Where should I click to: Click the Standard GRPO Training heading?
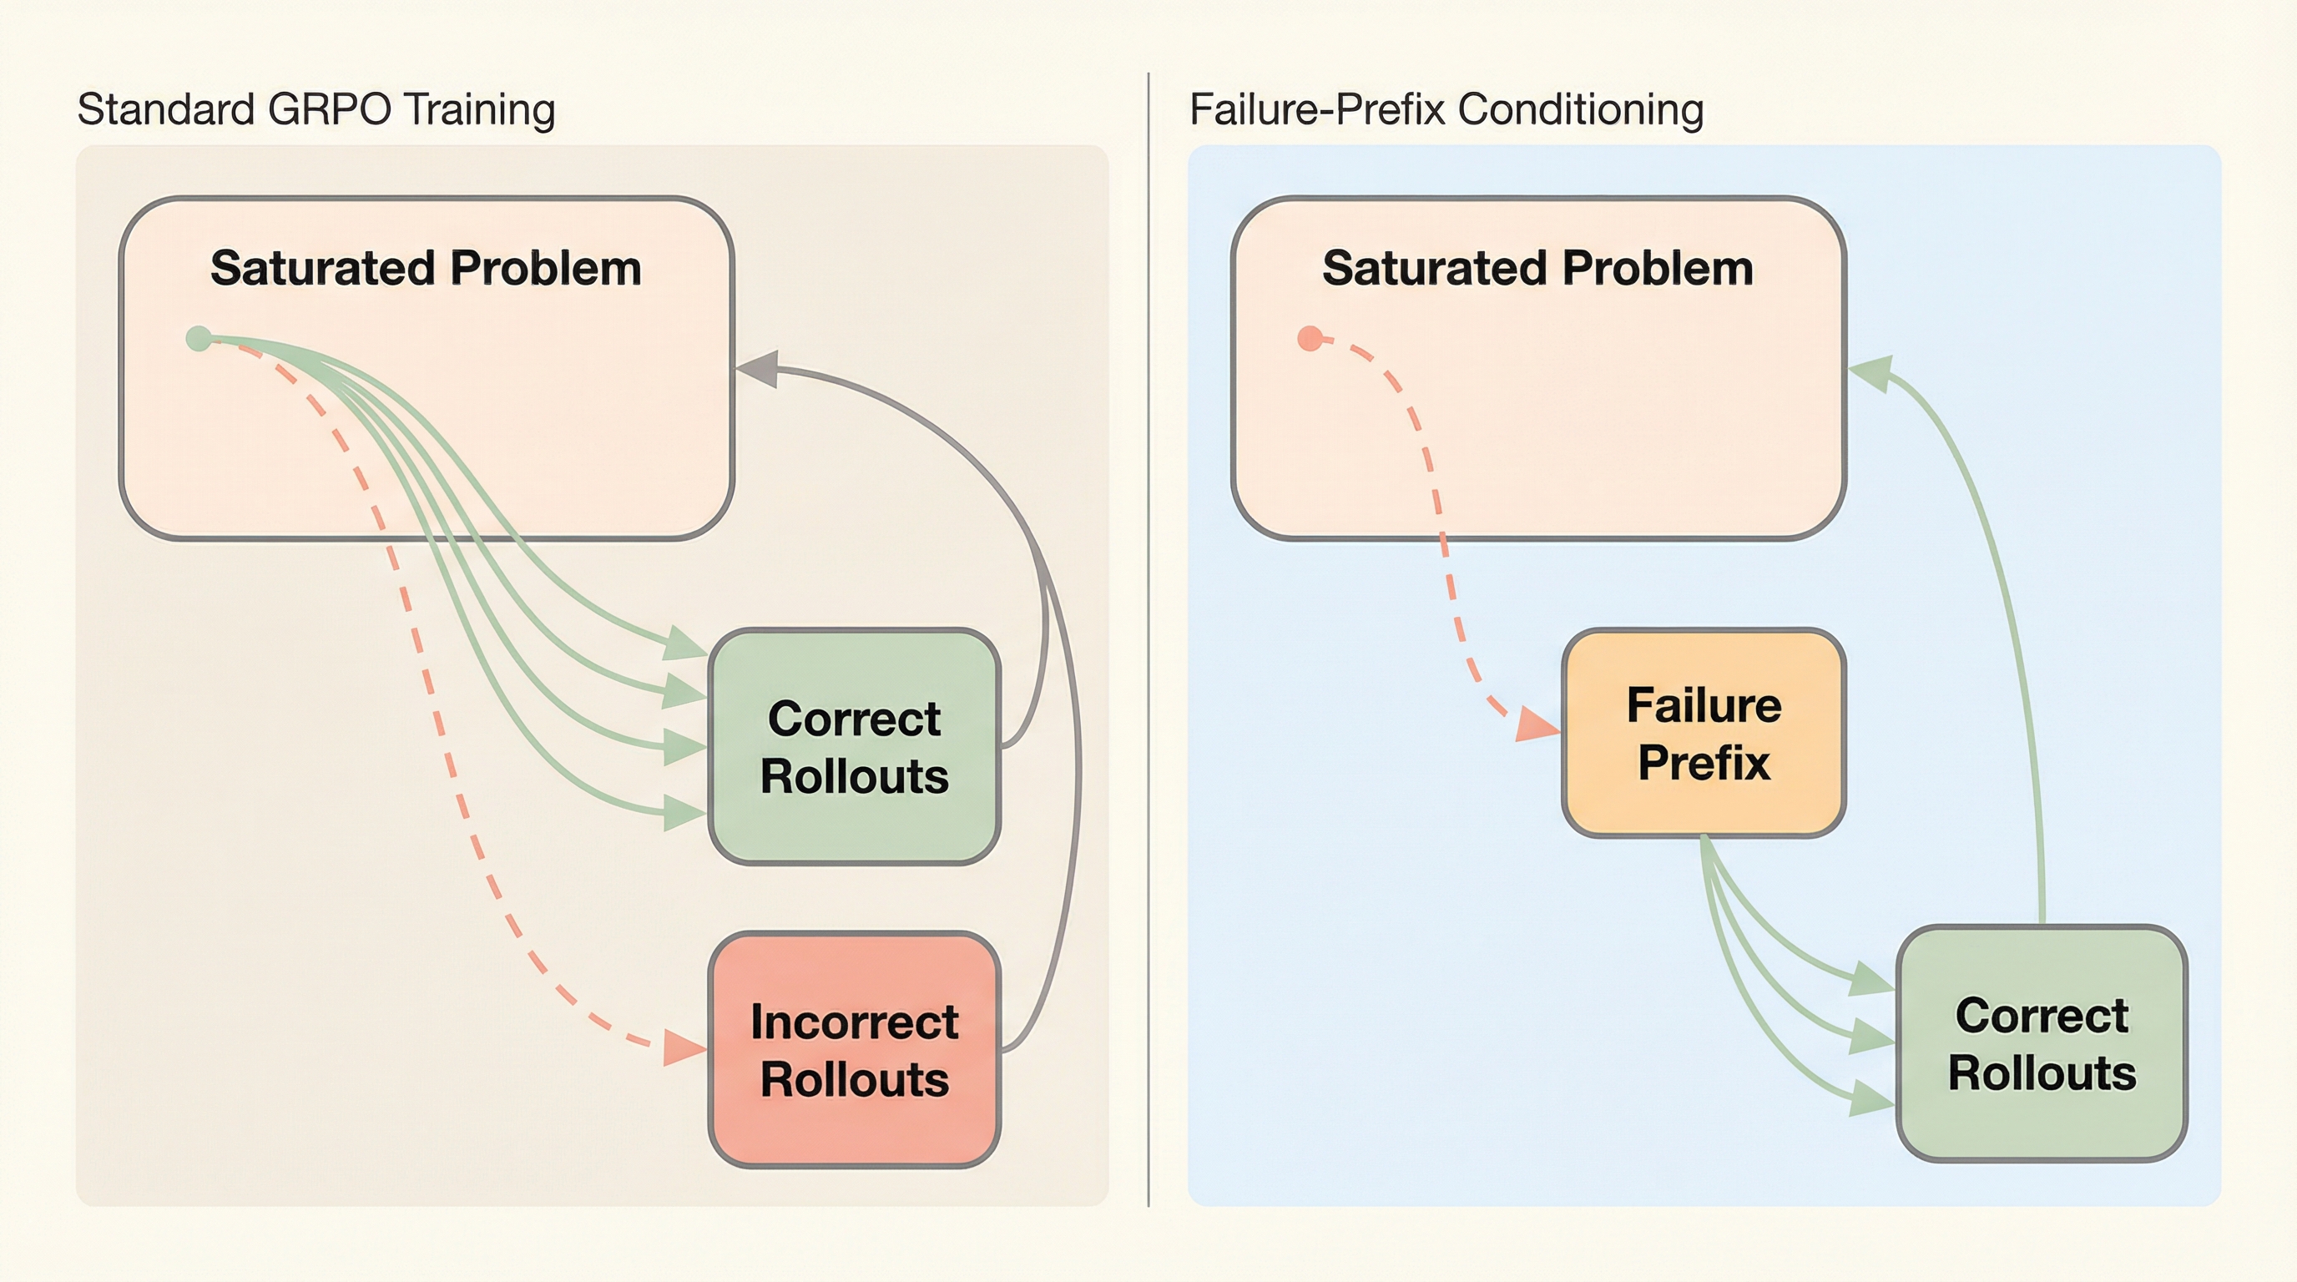pyautogui.click(x=316, y=109)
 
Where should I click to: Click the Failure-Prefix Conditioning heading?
pyautogui.click(x=1446, y=109)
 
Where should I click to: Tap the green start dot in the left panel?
pyautogui.click(x=199, y=339)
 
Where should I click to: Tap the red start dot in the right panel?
pyautogui.click(x=1310, y=339)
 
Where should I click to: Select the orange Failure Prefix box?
pyautogui.click(x=1703, y=733)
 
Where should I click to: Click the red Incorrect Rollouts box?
pyautogui.click(x=854, y=1049)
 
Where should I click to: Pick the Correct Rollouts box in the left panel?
pyautogui.click(x=854, y=746)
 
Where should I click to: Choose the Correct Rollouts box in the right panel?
pyautogui.click(x=2042, y=1043)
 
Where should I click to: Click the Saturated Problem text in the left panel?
pyautogui.click(x=427, y=267)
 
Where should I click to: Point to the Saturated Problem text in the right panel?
pyautogui.click(x=1537, y=267)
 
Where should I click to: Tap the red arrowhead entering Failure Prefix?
pyautogui.click(x=1536, y=724)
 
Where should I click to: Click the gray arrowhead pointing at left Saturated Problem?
pyautogui.click(x=758, y=368)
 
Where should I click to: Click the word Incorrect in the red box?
pyautogui.click(x=854, y=1022)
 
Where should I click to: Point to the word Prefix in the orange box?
pyautogui.click(x=1703, y=763)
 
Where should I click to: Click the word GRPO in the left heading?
pyautogui.click(x=328, y=109)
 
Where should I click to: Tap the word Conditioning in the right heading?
pyautogui.click(x=1580, y=109)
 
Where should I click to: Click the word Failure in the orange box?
pyautogui.click(x=1703, y=705)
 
